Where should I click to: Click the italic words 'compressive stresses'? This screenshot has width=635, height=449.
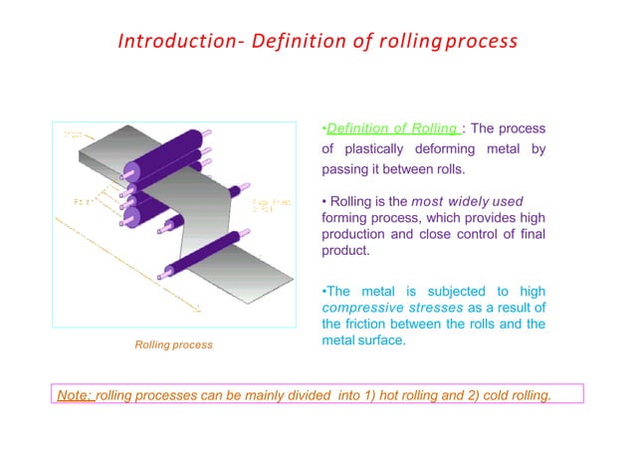pyautogui.click(x=384, y=308)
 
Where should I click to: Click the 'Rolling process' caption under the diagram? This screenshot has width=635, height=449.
pyautogui.click(x=173, y=344)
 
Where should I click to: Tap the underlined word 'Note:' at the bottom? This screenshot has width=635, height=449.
pyautogui.click(x=75, y=395)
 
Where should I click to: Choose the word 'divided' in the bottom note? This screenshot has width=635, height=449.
pyautogui.click(x=302, y=395)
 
